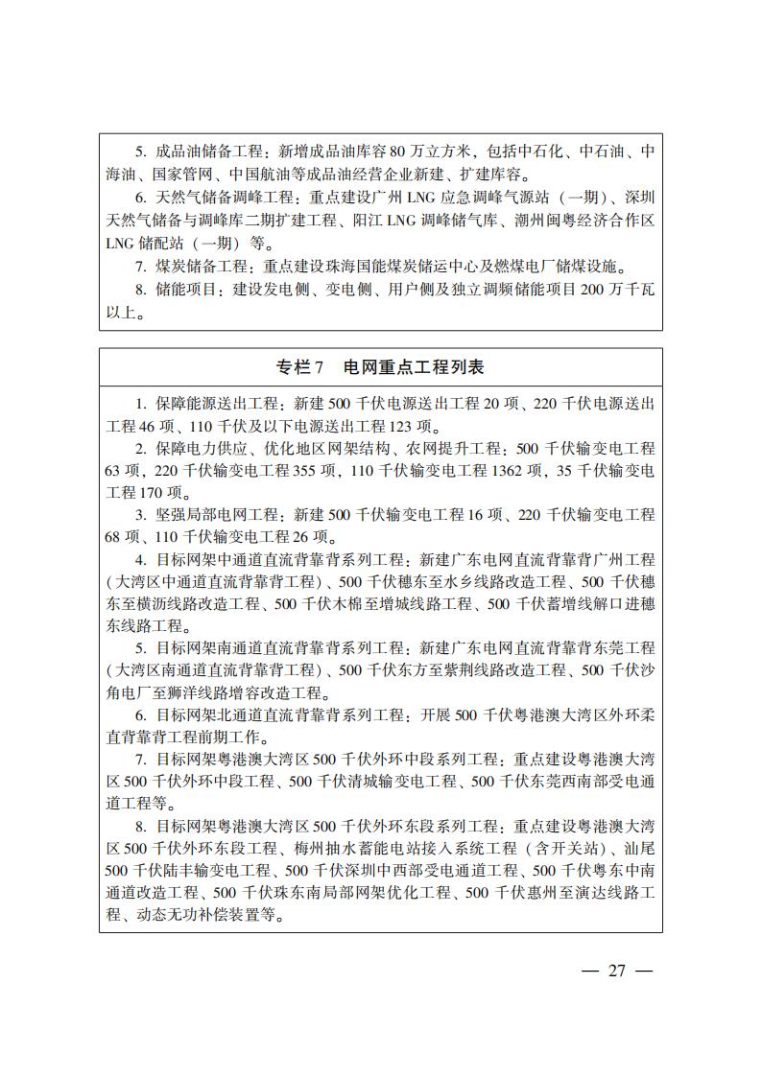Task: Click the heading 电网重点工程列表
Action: click(x=417, y=366)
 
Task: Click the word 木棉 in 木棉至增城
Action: click(x=342, y=603)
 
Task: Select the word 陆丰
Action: click(x=195, y=871)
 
